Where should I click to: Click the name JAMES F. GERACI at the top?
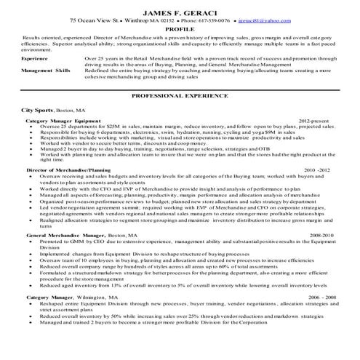point(180,7)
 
